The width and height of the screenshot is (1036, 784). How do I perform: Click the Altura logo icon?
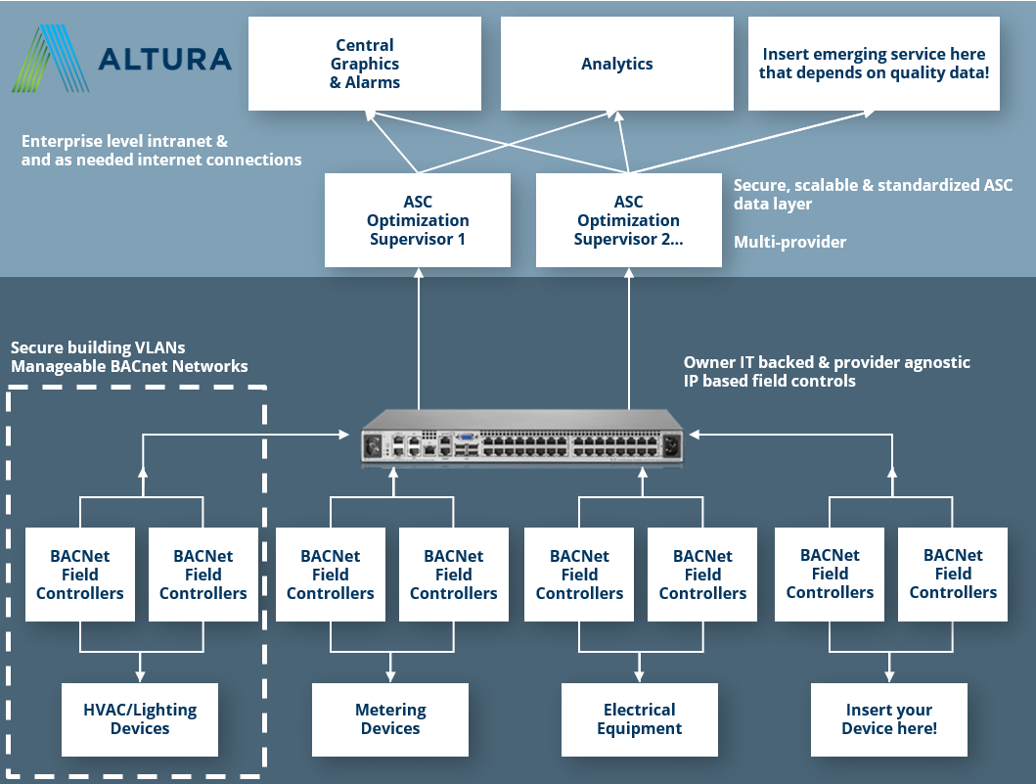point(51,59)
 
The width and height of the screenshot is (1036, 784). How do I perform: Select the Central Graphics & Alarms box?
point(364,64)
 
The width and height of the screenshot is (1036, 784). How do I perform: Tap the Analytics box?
point(616,64)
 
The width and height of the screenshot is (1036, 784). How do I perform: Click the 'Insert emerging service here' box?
point(874,64)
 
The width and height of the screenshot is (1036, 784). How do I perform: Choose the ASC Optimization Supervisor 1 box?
point(418,220)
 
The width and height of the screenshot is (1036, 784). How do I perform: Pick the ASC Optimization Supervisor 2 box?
point(628,220)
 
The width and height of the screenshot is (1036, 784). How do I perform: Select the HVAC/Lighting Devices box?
point(140,719)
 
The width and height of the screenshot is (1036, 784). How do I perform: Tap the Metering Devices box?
point(390,719)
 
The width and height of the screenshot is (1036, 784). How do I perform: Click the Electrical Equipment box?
point(639,719)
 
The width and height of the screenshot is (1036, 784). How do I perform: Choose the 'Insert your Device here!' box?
point(888,719)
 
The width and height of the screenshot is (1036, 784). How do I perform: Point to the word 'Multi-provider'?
point(789,242)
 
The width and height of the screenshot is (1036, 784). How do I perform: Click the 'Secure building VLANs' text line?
point(97,347)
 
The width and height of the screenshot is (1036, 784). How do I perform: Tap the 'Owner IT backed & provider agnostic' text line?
point(827,362)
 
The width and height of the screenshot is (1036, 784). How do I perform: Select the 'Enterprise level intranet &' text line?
point(124,141)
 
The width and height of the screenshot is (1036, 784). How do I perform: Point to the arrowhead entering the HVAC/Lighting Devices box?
point(140,675)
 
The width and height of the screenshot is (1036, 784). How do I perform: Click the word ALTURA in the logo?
point(165,59)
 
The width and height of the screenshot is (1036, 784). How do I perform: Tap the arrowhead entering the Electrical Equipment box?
point(639,675)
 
